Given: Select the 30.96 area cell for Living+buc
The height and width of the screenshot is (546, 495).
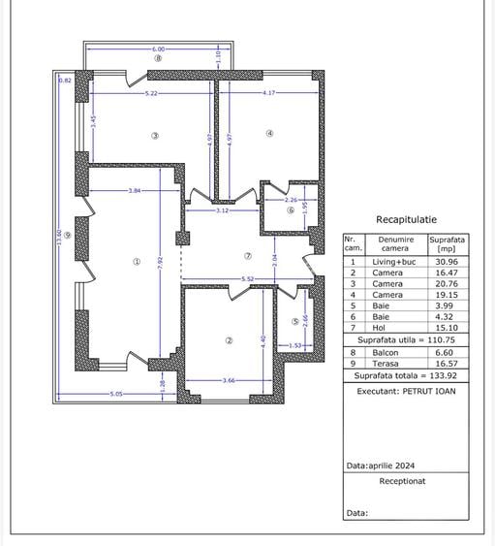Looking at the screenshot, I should (448, 262).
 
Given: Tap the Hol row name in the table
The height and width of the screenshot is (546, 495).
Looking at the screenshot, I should (380, 327).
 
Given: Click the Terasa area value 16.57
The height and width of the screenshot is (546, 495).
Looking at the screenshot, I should (448, 364).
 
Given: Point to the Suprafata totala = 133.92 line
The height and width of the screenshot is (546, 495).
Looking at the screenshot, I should (406, 374).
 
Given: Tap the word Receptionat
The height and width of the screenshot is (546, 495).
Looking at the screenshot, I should (402, 479).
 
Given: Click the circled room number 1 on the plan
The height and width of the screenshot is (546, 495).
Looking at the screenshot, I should (137, 261).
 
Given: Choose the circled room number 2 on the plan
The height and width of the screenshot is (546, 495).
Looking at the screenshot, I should (229, 339).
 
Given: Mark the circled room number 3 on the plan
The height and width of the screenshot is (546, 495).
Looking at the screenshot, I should (154, 135).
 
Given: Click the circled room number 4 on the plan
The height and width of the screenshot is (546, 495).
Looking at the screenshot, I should (269, 134).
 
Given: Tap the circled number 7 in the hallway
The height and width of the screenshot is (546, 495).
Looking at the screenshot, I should (248, 256).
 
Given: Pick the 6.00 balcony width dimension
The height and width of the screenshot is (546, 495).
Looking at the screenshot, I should (158, 48).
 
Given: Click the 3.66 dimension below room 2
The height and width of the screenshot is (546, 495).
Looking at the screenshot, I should (229, 380).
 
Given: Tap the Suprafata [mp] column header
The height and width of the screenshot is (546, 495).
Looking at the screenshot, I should (448, 243).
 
